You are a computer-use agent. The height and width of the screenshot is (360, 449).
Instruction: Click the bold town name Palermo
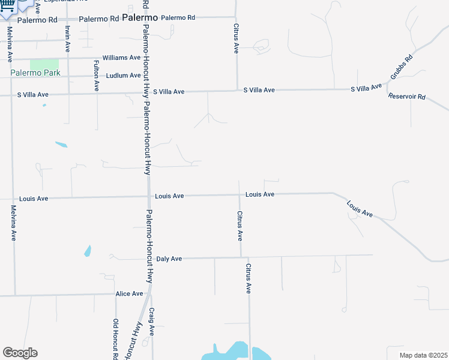click(x=139, y=18)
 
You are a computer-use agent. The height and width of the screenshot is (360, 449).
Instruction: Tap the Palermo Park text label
click(x=35, y=73)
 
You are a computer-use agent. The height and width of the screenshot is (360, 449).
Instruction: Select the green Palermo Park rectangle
click(x=44, y=64)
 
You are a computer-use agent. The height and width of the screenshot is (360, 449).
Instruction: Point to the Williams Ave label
click(x=121, y=58)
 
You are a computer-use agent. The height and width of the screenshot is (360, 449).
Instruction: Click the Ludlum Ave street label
click(x=123, y=76)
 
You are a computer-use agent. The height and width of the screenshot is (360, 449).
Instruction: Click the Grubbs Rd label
click(x=402, y=67)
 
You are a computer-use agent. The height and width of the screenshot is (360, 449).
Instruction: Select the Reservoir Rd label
click(x=406, y=97)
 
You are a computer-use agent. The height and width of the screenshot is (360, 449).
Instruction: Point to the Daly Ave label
click(x=169, y=259)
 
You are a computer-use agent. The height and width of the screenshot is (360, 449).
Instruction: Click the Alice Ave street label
click(x=129, y=294)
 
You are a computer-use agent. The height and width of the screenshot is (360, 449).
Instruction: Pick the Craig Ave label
click(x=152, y=322)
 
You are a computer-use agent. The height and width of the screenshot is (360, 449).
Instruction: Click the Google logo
click(x=20, y=353)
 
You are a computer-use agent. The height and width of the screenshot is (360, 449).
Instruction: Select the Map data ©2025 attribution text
click(x=423, y=355)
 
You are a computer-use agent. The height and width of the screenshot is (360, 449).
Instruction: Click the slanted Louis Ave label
click(x=360, y=209)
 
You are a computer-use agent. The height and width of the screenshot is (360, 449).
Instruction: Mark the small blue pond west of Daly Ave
click(x=88, y=251)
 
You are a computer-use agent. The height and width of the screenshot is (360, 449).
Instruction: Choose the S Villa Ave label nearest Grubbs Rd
click(x=366, y=89)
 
